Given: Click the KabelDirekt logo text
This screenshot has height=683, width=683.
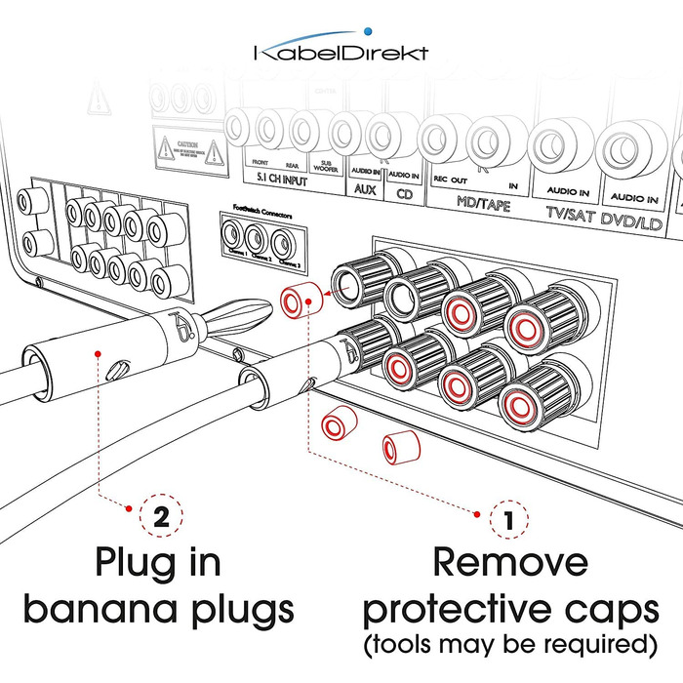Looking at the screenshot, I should coord(341,53).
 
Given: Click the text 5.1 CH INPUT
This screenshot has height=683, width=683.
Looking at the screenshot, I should coord(274,182).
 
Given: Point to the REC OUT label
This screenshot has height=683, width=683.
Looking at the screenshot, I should coord(445,181).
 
